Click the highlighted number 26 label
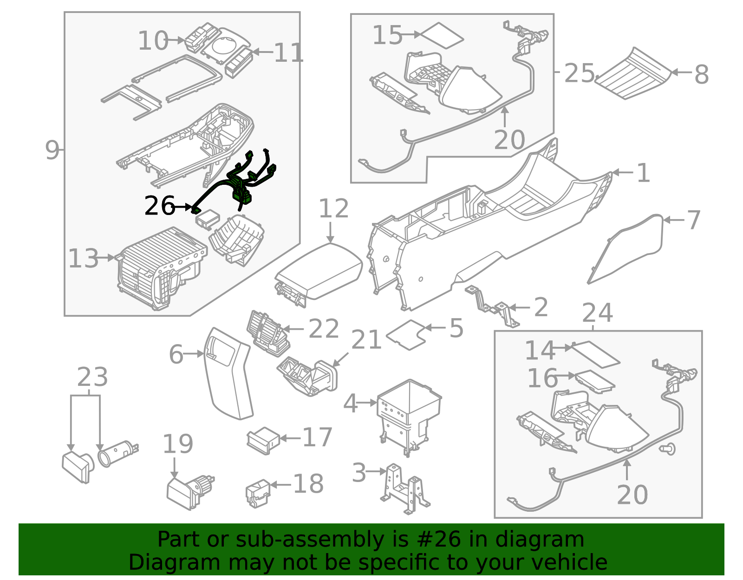(x=159, y=206)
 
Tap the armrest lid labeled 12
(x=319, y=271)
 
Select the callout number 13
(x=84, y=259)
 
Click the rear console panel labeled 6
(x=228, y=376)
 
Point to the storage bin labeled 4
(x=409, y=409)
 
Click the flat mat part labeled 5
(x=406, y=334)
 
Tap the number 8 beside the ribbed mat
(x=701, y=75)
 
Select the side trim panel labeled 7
(x=627, y=251)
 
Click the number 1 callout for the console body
(x=643, y=173)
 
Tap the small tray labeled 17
(x=263, y=440)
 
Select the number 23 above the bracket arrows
(x=92, y=377)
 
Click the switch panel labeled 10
(x=201, y=38)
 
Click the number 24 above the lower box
(x=597, y=313)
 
